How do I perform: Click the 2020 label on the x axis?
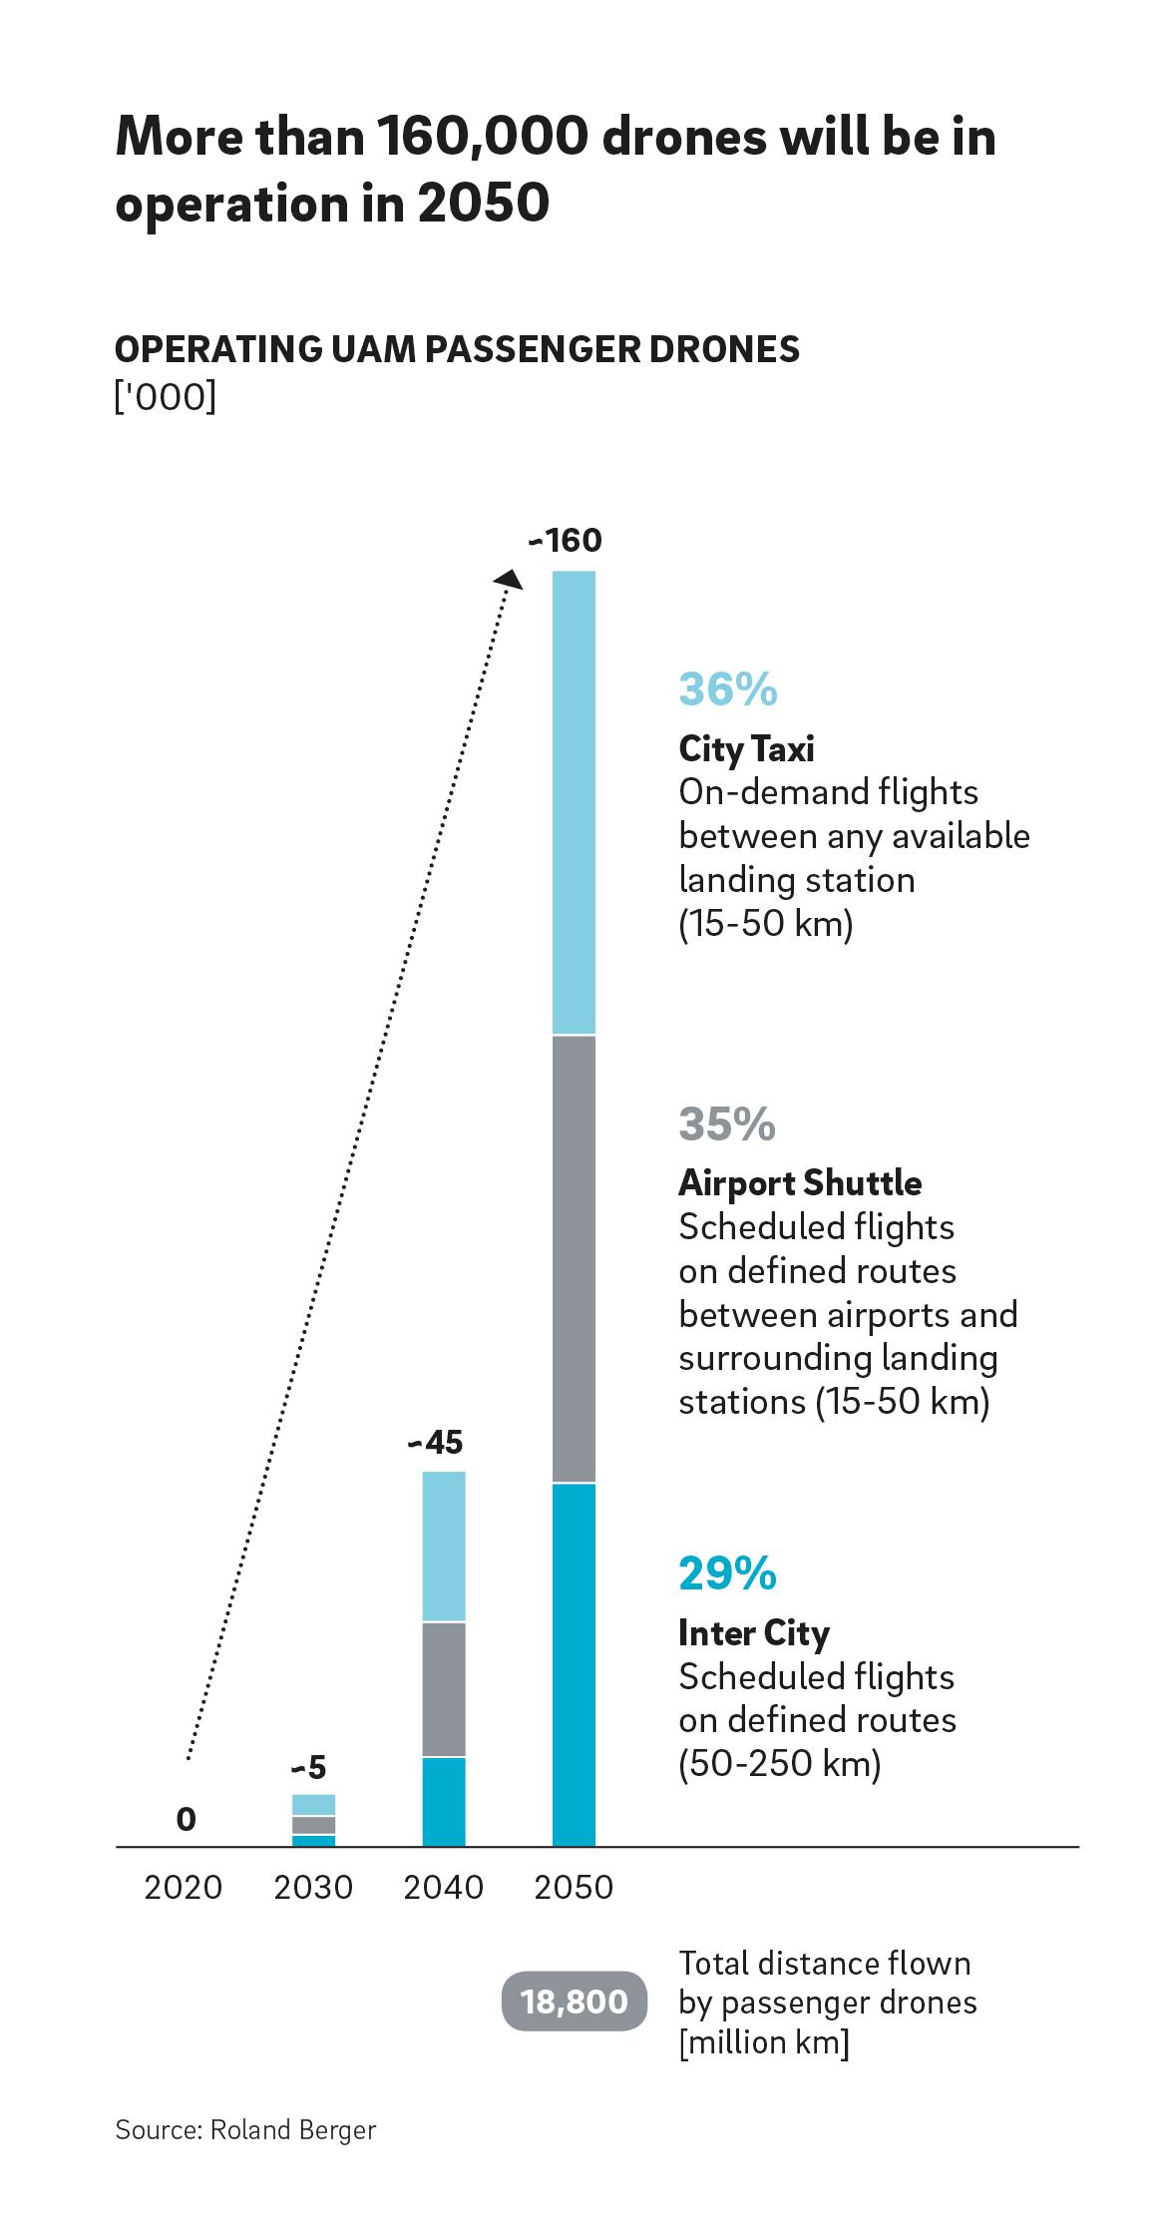click(184, 1888)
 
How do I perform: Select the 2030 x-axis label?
click(313, 1888)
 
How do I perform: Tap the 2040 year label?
click(444, 1888)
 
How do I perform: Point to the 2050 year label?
click(574, 1888)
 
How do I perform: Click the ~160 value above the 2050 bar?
click(567, 541)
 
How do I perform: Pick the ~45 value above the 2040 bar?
click(436, 1443)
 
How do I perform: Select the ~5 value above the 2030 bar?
click(308, 1769)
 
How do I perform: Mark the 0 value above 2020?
click(186, 1821)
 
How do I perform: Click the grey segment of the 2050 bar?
click(574, 1259)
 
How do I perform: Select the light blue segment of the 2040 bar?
click(444, 1547)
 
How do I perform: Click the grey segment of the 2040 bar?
click(444, 1688)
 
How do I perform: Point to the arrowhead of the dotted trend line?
click(511, 580)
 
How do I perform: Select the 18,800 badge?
click(575, 2002)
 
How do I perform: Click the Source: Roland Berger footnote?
click(245, 2130)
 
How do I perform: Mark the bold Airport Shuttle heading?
click(800, 1183)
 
